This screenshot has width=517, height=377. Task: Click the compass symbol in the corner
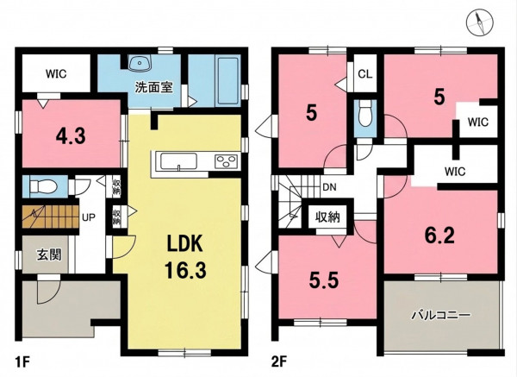479,22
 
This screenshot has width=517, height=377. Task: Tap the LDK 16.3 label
185,256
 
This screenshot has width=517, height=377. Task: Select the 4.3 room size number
71,135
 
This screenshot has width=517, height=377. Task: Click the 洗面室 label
154,88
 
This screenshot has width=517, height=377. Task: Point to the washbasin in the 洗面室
140,63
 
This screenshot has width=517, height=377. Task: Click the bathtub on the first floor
227,81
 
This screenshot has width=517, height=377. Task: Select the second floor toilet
365,113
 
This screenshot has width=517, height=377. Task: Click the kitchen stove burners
226,162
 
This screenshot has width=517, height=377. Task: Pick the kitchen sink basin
178,162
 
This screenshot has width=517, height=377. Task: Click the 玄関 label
49,254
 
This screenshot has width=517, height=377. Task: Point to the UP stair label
89,217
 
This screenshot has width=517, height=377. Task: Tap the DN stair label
329,187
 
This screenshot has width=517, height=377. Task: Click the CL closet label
365,74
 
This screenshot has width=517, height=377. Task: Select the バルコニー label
440,315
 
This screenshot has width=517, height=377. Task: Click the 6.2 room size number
439,236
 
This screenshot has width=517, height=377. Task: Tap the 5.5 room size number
323,280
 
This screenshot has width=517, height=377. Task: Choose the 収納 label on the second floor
327,217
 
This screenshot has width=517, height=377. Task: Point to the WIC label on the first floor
56,73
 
